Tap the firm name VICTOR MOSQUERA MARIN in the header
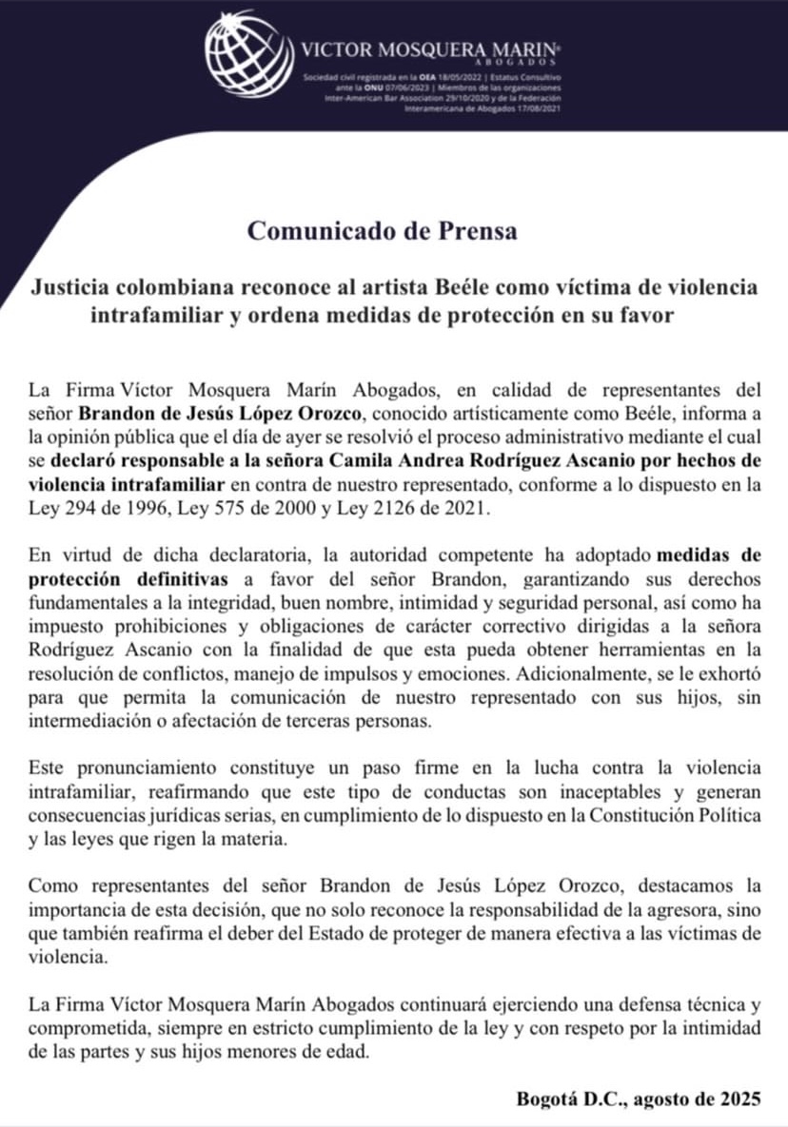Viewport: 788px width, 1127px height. click(x=429, y=49)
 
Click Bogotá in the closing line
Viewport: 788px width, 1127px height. click(x=547, y=1098)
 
